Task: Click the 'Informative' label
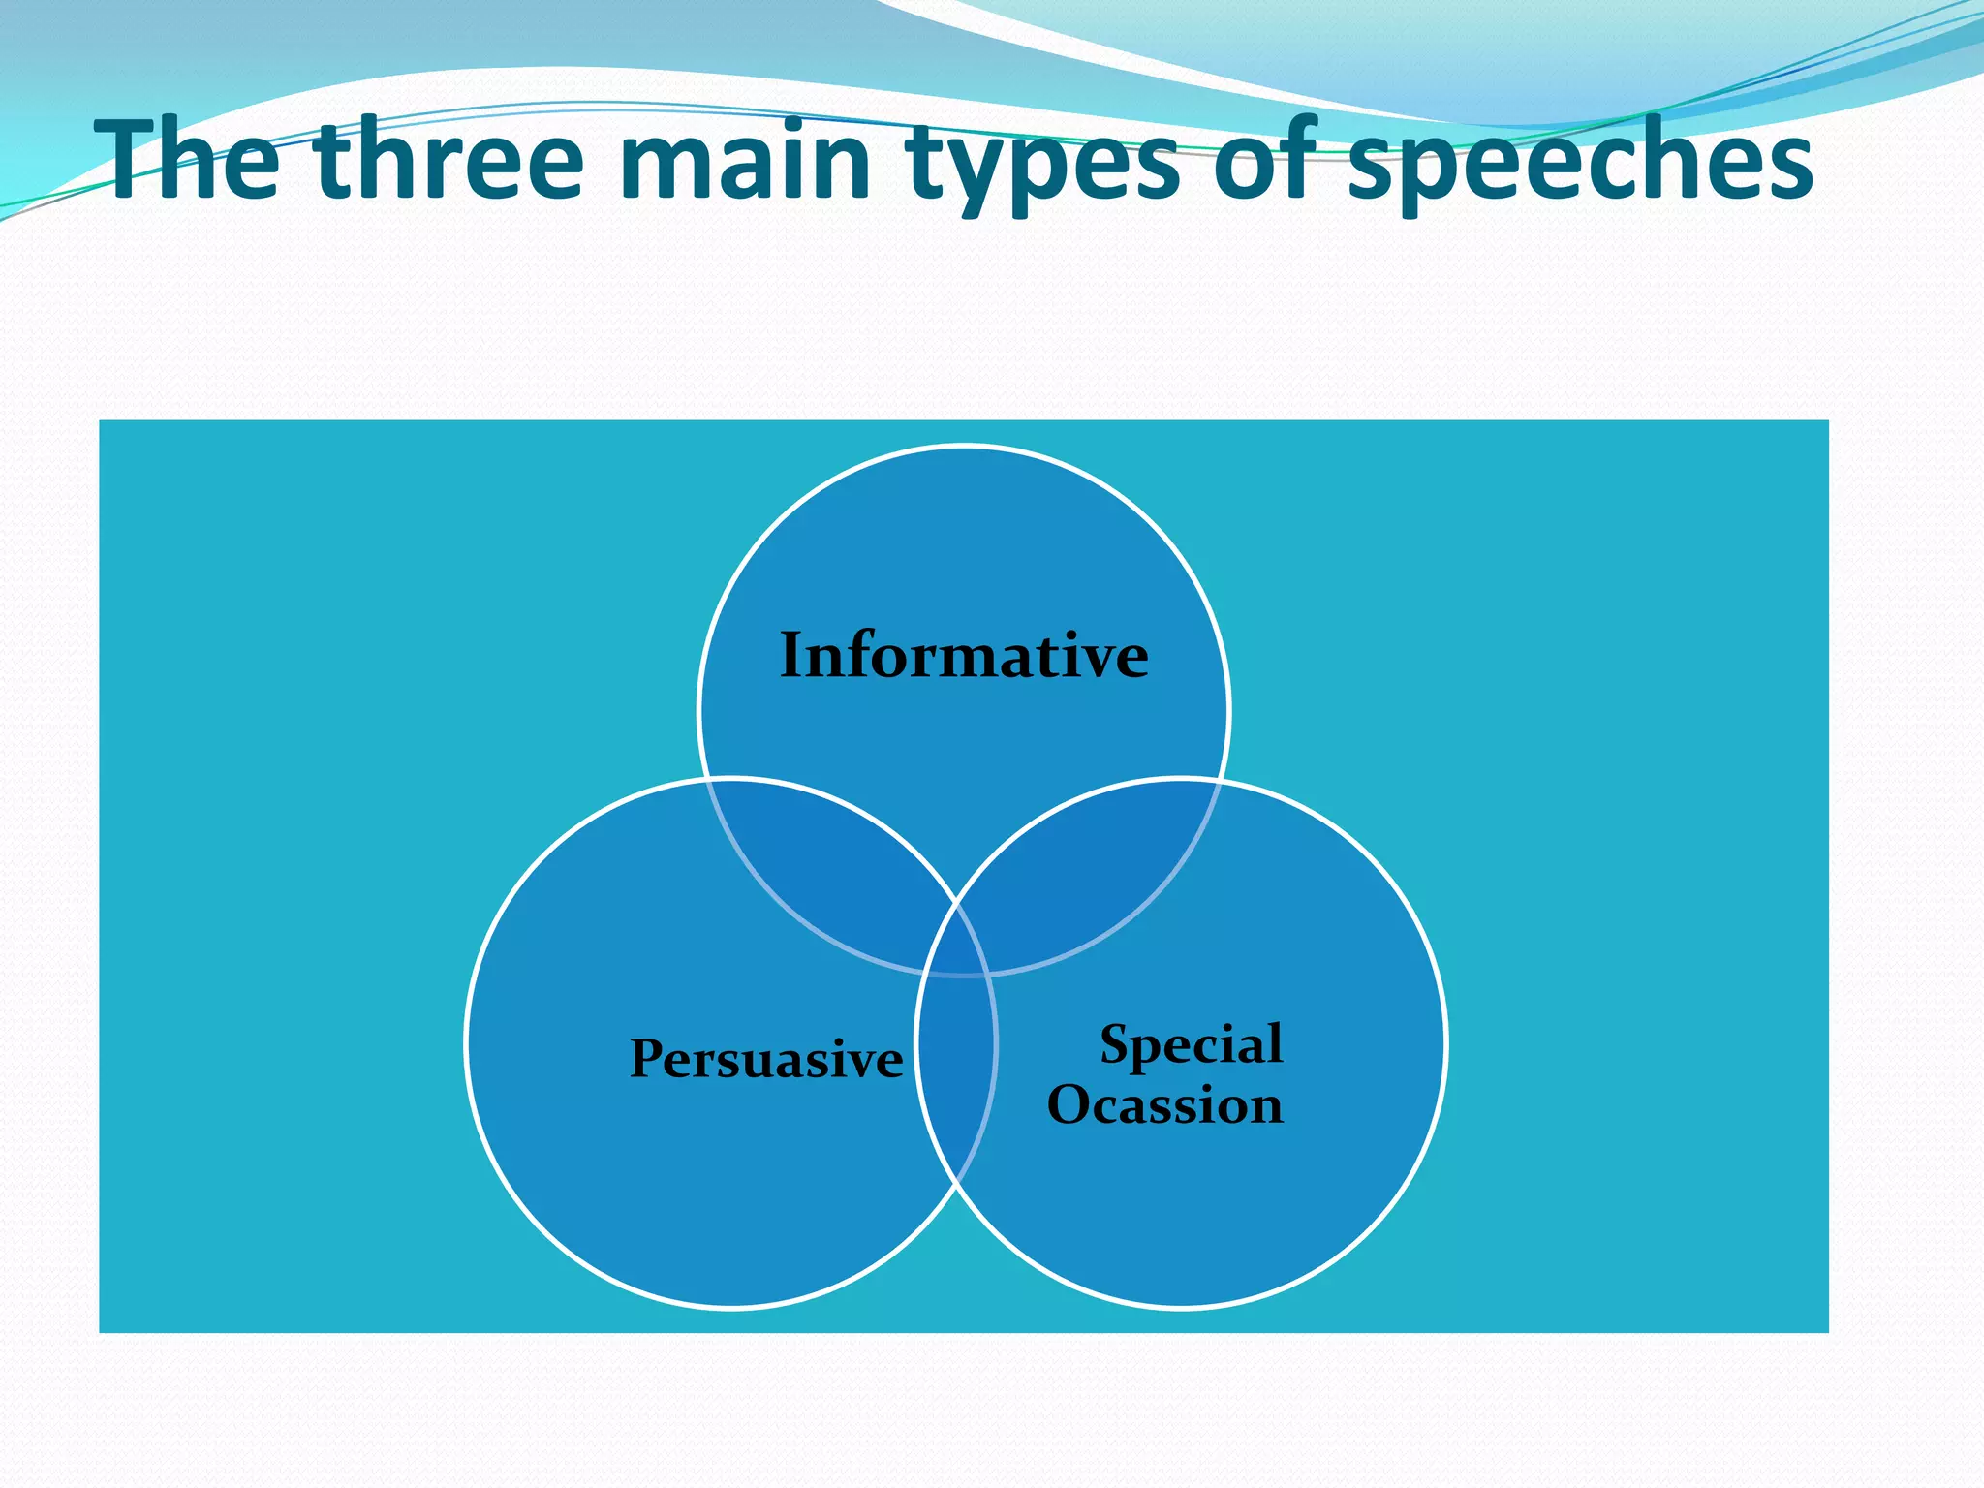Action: point(964,656)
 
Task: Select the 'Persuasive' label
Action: point(766,1058)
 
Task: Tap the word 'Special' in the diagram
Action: point(1191,1044)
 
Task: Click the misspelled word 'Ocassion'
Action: point(1165,1105)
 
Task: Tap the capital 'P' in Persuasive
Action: point(648,1057)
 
